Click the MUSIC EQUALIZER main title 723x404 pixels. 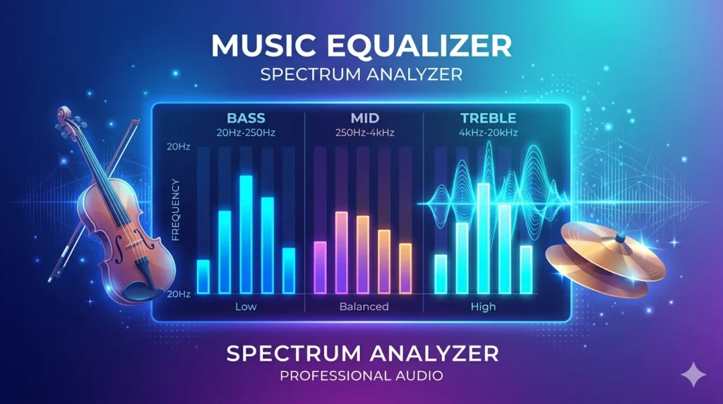point(361,47)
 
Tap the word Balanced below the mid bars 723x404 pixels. point(364,307)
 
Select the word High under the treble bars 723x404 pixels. point(483,307)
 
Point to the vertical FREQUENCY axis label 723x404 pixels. point(176,210)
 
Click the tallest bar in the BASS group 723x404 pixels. point(246,234)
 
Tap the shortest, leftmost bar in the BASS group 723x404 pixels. point(203,276)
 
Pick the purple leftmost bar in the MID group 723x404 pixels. point(320,267)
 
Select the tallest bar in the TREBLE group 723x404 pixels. point(483,238)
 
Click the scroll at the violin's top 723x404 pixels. point(64,114)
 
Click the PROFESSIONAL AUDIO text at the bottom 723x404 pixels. point(361,375)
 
